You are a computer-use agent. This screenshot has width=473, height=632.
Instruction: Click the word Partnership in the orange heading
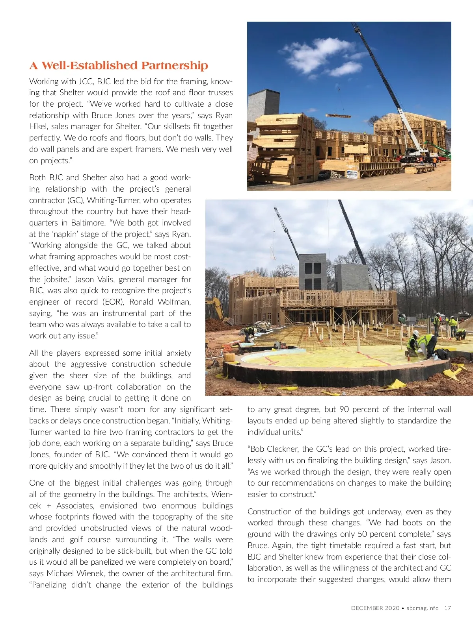[175, 66]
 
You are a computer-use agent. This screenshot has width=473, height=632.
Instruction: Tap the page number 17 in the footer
[447, 608]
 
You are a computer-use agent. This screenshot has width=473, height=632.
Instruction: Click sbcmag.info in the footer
[423, 608]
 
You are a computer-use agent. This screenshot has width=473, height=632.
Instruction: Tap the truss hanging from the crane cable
[338, 116]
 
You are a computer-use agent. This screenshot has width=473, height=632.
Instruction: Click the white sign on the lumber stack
[352, 174]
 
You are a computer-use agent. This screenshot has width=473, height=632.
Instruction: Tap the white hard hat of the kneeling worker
[416, 333]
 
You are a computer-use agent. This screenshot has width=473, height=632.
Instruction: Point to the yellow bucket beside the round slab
[229, 358]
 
